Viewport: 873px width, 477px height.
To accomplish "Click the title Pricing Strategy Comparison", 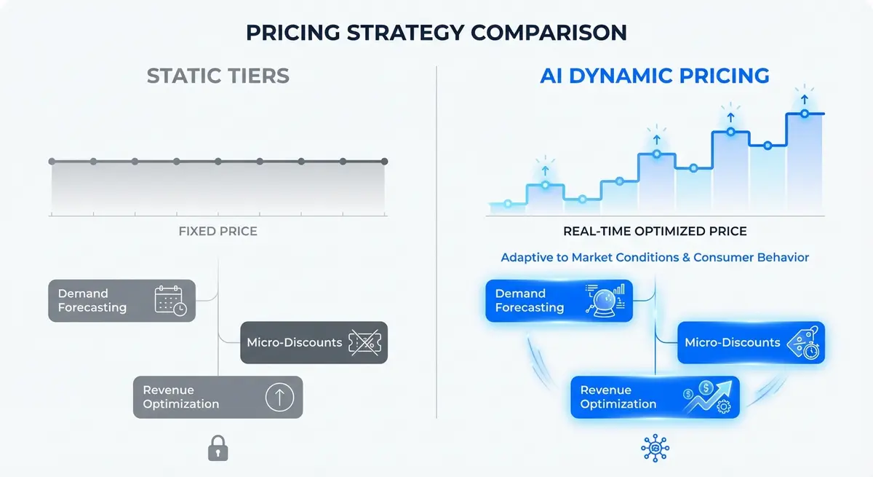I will (436, 33).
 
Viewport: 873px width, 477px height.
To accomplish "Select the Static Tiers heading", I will (218, 76).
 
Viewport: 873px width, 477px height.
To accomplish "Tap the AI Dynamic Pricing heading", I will (655, 76).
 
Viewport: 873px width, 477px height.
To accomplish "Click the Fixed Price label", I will (218, 232).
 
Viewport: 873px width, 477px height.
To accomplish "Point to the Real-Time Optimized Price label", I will (655, 232).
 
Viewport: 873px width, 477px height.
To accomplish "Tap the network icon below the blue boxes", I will (655, 449).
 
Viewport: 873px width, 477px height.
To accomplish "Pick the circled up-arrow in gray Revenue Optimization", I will (279, 397).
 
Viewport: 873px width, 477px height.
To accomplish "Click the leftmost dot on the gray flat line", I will (52, 162).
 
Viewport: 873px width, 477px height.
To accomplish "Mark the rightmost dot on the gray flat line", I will (385, 162).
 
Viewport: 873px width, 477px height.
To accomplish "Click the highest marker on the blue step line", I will (804, 114).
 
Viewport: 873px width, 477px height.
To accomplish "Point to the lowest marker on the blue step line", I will (508, 204).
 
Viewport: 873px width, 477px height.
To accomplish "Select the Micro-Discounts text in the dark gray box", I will (294, 342).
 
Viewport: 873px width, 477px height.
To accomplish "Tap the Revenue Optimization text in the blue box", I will (618, 397).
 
